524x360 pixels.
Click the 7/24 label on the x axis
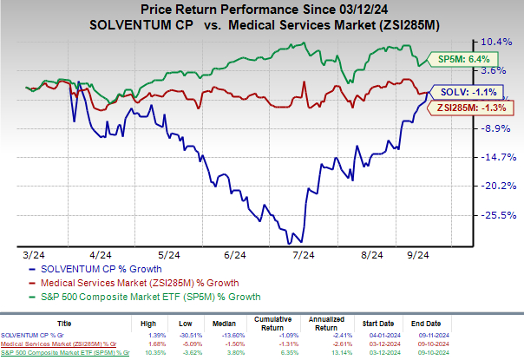[x=305, y=255]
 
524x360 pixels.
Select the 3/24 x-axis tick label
[x=35, y=255]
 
